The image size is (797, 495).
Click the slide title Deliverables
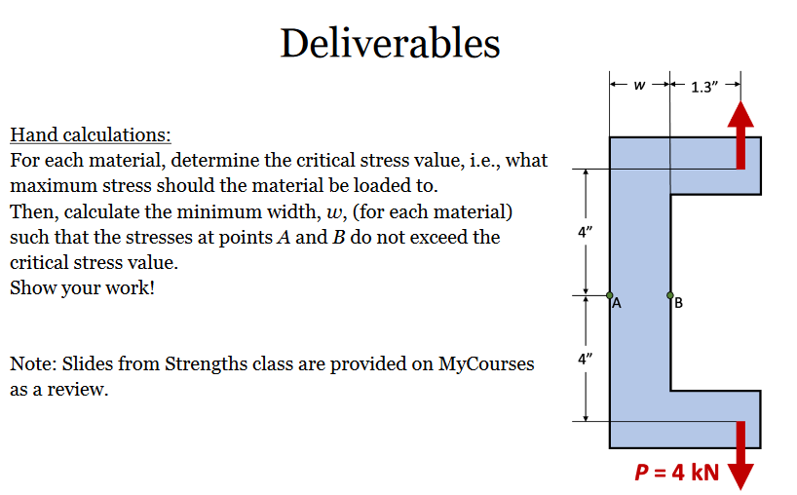390,43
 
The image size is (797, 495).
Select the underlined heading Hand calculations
91,134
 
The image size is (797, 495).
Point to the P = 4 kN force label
675,473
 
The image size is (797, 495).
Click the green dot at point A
610,294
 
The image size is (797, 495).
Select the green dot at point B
670,294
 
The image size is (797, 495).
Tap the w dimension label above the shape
638,86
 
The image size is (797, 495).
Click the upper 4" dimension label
585,233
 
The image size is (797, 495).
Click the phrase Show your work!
82,288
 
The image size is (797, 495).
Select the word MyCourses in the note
486,364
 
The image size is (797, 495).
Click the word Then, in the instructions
35,211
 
